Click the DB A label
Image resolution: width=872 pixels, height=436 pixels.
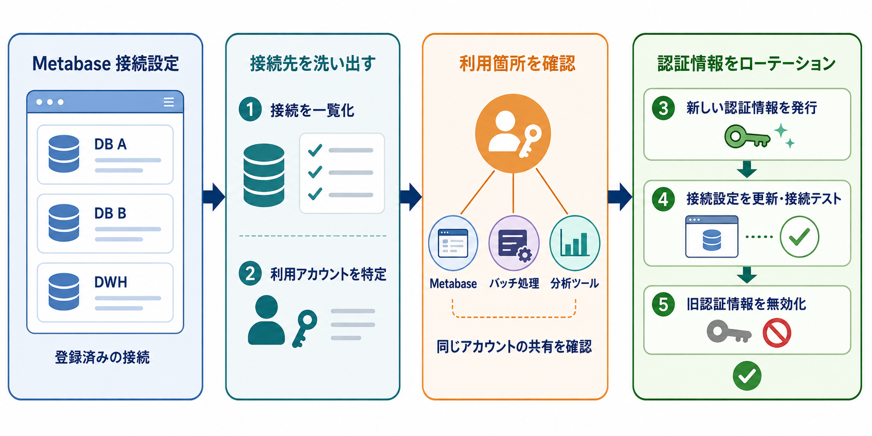110,144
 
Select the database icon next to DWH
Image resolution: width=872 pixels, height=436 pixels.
64,291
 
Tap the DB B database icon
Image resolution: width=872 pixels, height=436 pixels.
64,223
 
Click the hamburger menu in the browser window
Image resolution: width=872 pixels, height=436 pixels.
169,102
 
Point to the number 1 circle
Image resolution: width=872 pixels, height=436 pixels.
250,109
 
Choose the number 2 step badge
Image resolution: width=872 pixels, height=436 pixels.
250,273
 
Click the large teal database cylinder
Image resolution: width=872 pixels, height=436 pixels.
264,175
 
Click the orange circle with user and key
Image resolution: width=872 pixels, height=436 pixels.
513,133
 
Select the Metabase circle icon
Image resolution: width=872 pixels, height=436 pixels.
453,243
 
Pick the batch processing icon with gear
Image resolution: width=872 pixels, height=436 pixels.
514,243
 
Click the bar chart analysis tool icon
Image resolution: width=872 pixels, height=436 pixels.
575,243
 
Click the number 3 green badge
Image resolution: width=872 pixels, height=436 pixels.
663,108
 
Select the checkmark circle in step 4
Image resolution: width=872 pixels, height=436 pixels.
799,237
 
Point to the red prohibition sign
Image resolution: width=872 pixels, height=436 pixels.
777,333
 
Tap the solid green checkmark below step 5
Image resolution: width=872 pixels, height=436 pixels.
747,376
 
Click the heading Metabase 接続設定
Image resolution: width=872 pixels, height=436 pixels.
106,63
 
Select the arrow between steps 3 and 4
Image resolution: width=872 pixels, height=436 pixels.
747,169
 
